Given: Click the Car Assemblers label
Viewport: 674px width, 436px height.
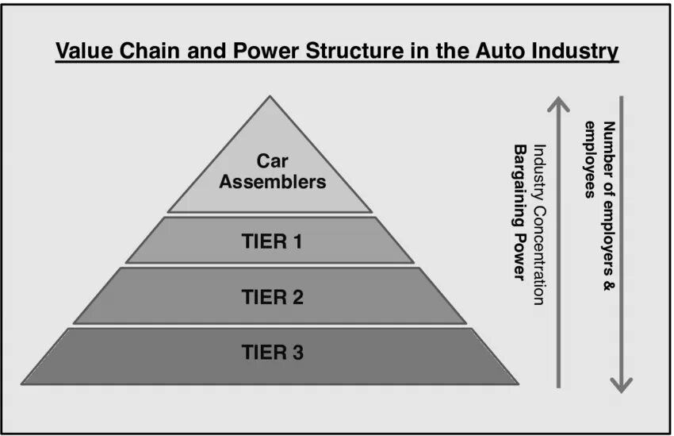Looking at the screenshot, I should click(272, 171).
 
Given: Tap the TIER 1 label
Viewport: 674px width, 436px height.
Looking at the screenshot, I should click(271, 241).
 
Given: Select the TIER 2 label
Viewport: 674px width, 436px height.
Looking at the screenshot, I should click(272, 297).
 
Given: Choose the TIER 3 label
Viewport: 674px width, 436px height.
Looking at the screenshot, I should click(272, 353).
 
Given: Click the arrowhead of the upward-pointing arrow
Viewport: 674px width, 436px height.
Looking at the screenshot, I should click(559, 103).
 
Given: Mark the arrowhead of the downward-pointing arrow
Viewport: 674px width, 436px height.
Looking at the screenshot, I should click(622, 384).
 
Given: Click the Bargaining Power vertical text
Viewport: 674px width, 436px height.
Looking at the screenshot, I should click(520, 213).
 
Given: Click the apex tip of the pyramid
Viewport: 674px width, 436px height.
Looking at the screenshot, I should click(270, 98).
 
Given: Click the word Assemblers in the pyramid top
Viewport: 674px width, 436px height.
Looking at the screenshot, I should click(272, 182).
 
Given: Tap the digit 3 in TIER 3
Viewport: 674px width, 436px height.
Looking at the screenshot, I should click(297, 353).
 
